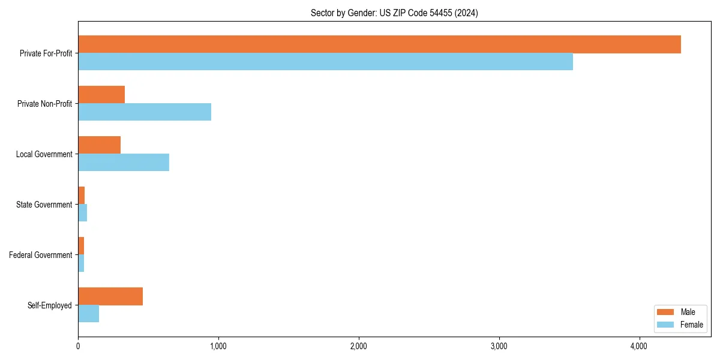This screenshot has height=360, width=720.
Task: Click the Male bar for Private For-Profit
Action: (379, 44)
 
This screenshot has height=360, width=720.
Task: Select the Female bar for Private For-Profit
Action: (325, 62)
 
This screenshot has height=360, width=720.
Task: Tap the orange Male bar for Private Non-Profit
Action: (101, 95)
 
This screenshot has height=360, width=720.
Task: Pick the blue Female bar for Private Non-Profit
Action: (145, 112)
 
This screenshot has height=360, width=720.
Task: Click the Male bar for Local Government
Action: (99, 145)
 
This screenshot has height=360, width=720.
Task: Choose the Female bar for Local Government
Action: (124, 163)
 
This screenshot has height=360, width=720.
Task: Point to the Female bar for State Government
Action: (83, 213)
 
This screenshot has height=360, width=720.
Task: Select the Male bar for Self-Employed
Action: (110, 296)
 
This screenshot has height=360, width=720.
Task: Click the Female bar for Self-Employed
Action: (88, 314)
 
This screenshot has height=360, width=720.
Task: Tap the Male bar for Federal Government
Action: (81, 246)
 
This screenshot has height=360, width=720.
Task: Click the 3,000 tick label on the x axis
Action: (499, 346)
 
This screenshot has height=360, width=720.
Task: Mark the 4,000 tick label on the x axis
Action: (639, 346)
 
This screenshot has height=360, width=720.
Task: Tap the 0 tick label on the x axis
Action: (78, 346)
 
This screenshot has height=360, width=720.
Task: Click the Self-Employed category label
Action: (50, 305)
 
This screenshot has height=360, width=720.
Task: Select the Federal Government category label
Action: (41, 255)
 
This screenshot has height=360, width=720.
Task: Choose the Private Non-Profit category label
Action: (44, 104)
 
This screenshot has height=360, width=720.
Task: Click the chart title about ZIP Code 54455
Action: (394, 13)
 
